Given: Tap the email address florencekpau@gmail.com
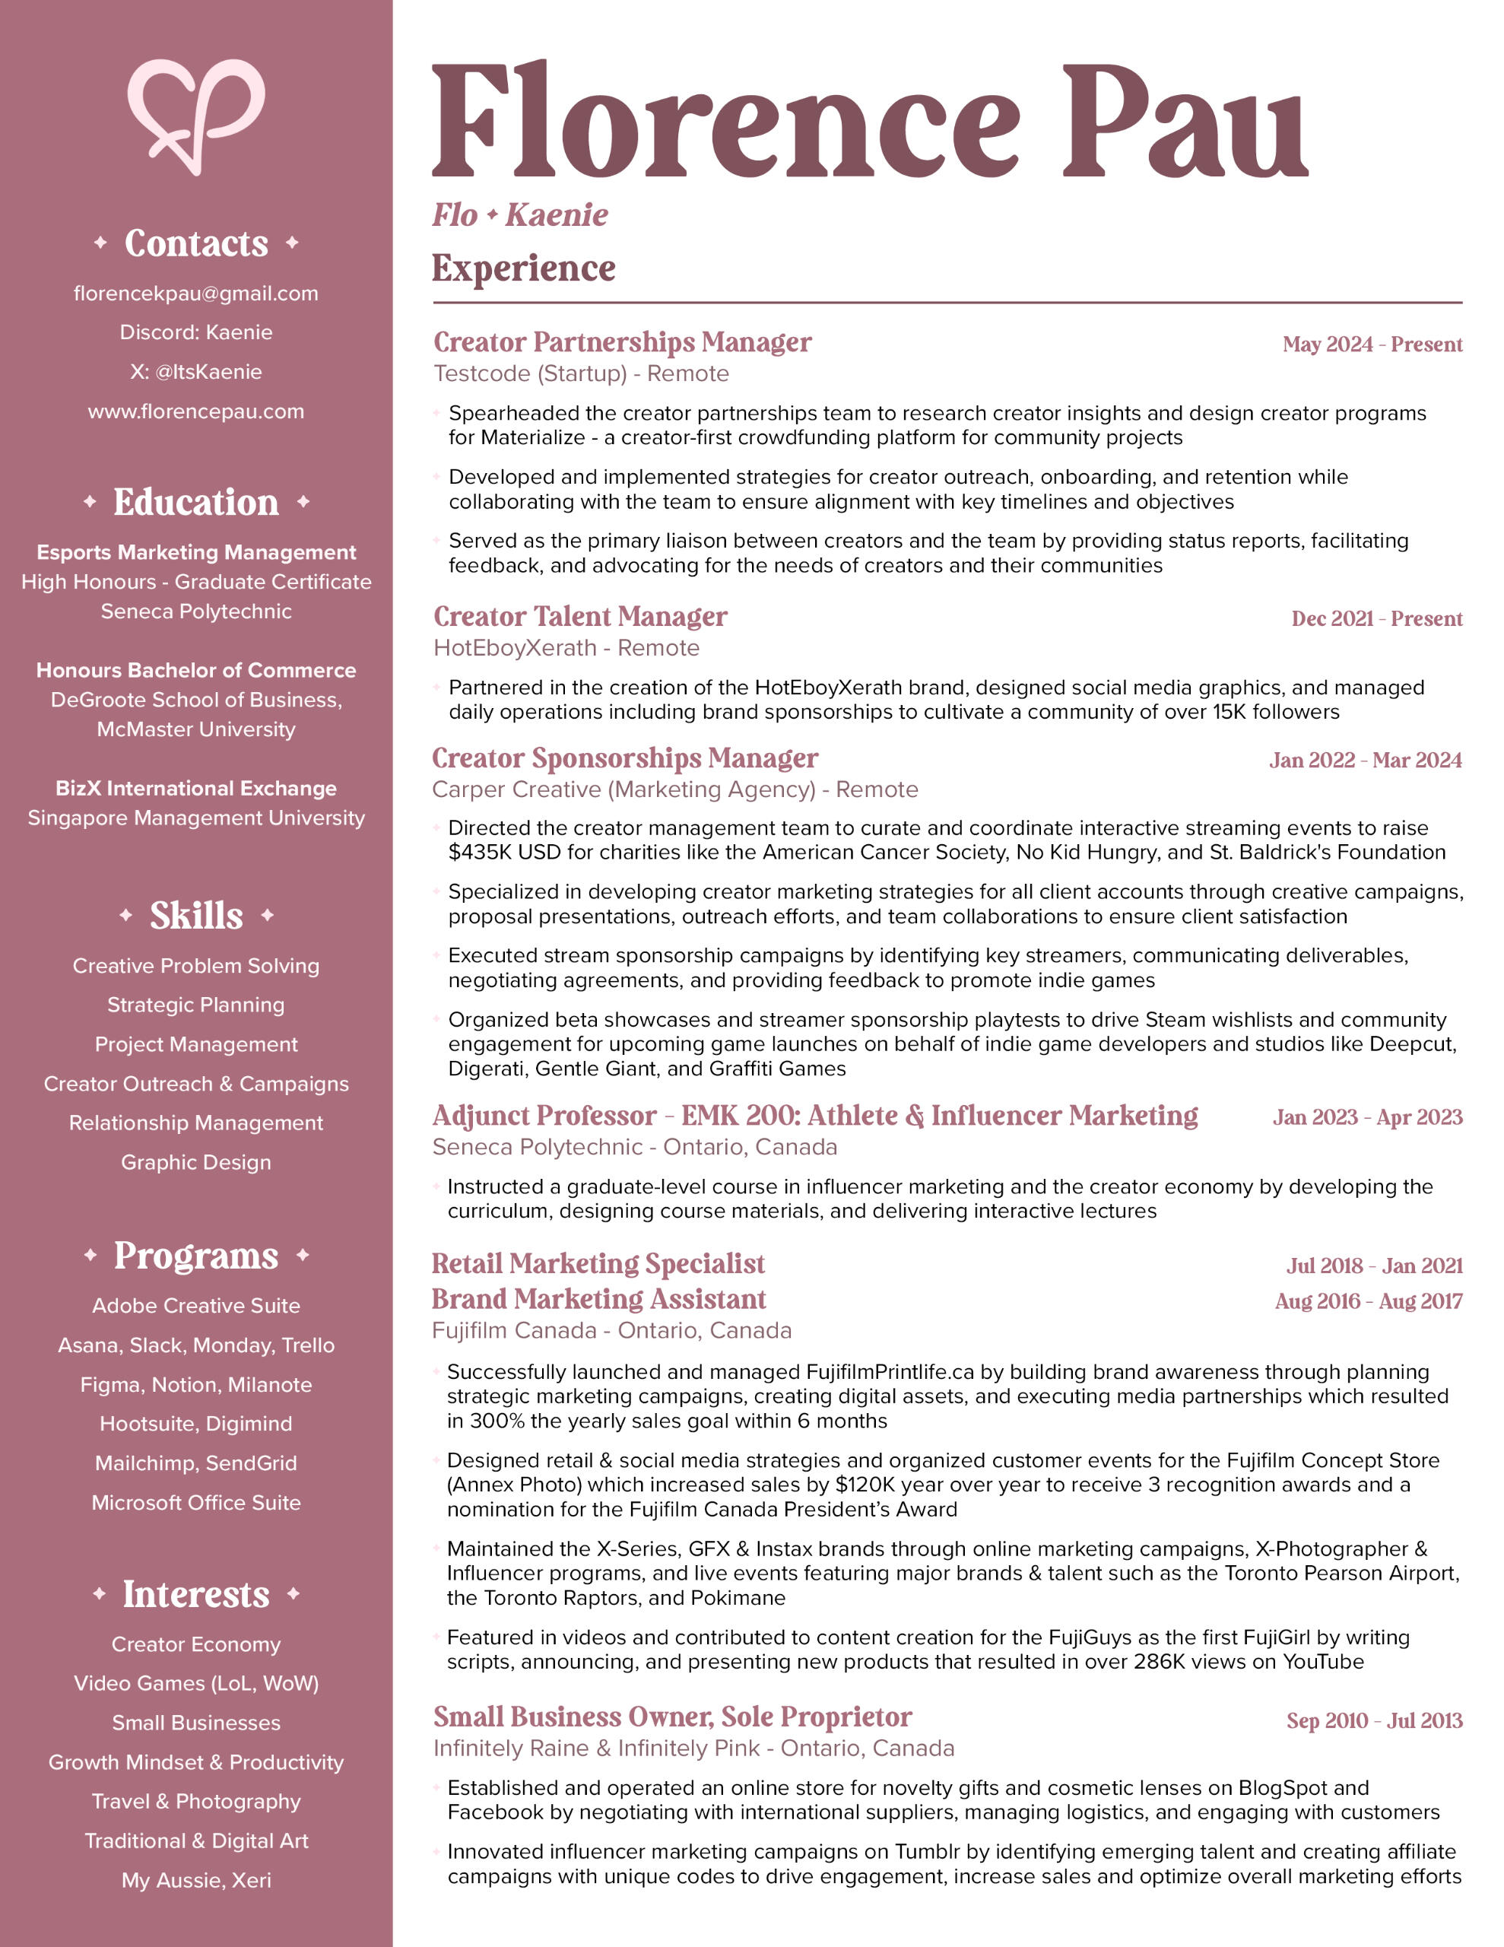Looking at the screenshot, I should (x=195, y=294).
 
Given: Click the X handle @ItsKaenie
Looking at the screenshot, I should (x=208, y=372).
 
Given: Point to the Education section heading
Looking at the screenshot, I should (x=195, y=503).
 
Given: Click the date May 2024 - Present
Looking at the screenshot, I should (x=1371, y=344).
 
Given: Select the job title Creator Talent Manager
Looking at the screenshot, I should (x=579, y=617).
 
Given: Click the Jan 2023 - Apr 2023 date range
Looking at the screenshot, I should (x=1366, y=1117).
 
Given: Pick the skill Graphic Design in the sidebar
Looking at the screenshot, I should (x=195, y=1162).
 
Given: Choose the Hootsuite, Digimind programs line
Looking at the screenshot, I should (x=195, y=1424).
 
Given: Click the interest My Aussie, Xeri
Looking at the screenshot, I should (x=195, y=1880).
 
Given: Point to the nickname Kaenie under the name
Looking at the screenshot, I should (x=557, y=214).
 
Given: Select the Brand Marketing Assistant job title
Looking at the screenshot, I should (x=598, y=1299).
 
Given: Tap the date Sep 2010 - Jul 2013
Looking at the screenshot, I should (x=1373, y=1720).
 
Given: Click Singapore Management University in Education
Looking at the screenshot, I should (x=195, y=818).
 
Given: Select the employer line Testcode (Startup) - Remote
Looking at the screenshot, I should (x=580, y=373).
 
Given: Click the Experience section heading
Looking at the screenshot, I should (x=523, y=268).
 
